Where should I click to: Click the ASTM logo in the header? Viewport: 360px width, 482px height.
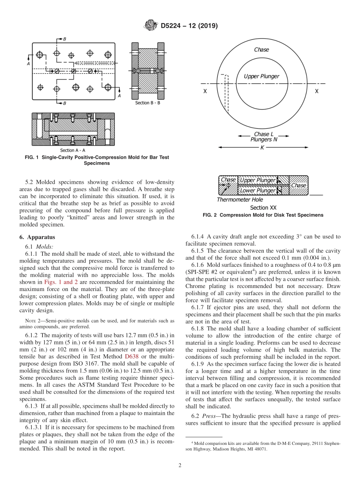151,26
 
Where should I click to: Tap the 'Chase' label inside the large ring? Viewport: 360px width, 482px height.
261,50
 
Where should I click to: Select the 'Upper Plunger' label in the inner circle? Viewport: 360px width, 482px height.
261,76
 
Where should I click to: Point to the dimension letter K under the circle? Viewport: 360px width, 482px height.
262,148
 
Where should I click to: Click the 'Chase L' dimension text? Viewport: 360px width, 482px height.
263,134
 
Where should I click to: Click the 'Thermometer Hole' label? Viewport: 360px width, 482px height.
239,200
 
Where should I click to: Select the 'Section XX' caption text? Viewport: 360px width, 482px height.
263,208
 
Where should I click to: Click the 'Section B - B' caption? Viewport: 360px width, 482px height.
147,103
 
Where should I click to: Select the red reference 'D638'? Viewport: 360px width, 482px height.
130,357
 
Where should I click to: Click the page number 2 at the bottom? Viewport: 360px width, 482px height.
180,466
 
